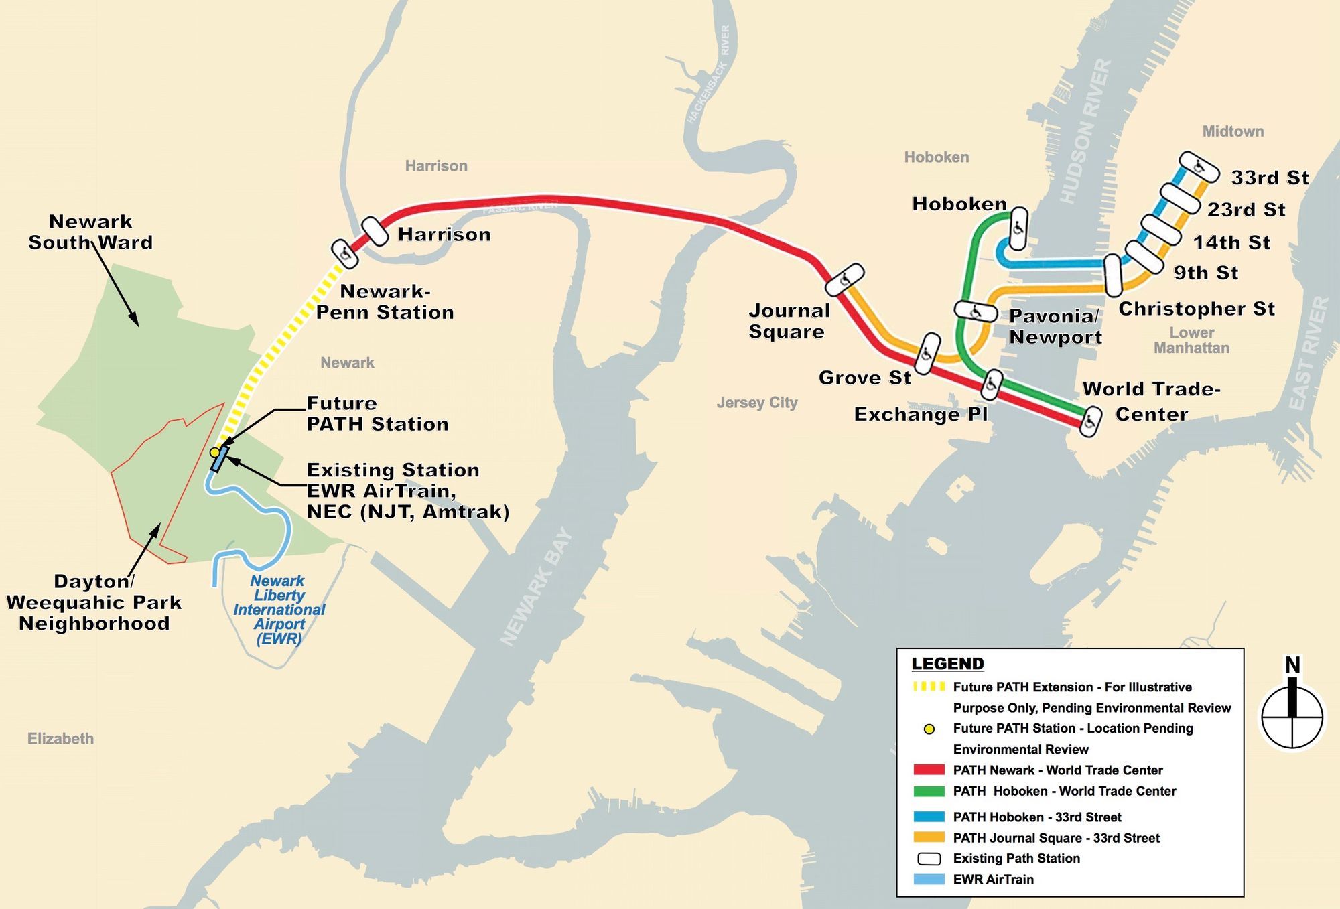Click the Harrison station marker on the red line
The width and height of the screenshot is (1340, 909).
click(x=375, y=232)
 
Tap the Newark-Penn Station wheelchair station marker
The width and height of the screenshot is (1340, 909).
click(x=344, y=253)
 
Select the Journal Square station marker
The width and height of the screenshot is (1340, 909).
click(x=844, y=279)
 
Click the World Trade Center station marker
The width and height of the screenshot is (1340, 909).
click(x=1091, y=421)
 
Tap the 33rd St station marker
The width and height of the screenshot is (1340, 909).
click(x=1199, y=167)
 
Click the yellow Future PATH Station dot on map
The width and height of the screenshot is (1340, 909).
click(x=214, y=452)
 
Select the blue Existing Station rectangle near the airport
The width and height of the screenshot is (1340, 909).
click(x=220, y=460)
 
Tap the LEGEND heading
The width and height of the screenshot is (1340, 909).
click(x=947, y=664)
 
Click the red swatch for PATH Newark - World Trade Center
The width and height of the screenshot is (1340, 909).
click(x=929, y=770)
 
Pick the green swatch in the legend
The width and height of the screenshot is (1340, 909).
click(x=929, y=791)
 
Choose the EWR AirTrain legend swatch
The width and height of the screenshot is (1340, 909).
click(x=929, y=879)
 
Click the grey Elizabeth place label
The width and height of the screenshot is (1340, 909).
click(x=60, y=739)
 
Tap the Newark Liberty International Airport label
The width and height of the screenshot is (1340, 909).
click(x=279, y=610)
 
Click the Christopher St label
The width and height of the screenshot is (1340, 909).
click(x=1197, y=309)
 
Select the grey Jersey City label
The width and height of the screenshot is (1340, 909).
click(x=757, y=403)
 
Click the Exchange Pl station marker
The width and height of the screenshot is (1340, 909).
click(x=992, y=384)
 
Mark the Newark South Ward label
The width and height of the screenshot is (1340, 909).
click(x=90, y=232)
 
